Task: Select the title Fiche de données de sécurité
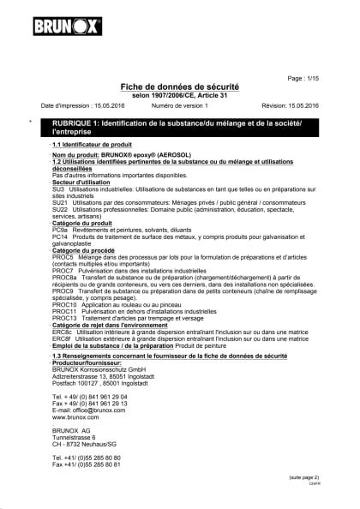(x=180, y=88)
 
